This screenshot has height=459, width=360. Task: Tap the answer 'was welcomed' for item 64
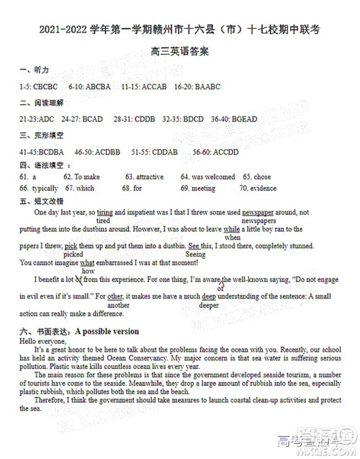(x=215, y=176)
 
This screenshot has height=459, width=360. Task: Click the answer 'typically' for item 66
(x=45, y=188)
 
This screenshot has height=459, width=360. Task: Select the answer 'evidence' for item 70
(x=264, y=188)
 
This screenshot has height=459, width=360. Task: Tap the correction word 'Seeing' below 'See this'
(x=195, y=255)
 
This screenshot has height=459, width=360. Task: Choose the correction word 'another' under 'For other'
(x=117, y=305)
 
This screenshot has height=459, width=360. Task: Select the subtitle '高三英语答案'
(x=180, y=52)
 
